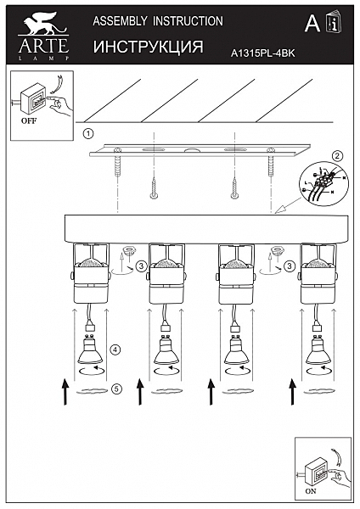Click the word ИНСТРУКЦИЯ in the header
point(149,47)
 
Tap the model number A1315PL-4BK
point(263,53)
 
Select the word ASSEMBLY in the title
point(120,21)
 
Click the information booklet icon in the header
point(334,22)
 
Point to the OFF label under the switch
point(29,120)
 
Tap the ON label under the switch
point(311,491)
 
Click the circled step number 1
point(88,133)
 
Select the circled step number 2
point(338,156)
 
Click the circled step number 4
point(115,350)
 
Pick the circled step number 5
point(116,389)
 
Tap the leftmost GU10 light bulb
point(91,350)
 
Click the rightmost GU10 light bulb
point(318,350)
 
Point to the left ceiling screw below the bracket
point(154,187)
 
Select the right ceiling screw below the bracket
point(234,187)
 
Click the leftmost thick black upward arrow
point(65,391)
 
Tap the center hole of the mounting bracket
point(192,151)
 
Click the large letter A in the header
point(312,23)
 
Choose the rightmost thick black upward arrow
point(293,391)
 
